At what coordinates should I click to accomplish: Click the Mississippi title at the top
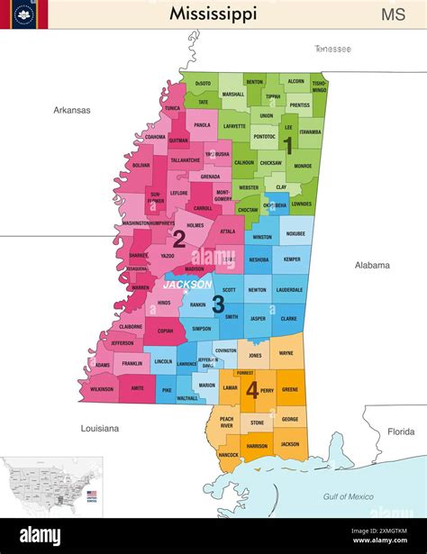213,14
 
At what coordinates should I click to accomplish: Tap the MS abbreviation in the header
393,14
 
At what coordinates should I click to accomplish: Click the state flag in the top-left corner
24,14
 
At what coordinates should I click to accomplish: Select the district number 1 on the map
288,143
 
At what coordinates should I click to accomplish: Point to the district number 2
178,239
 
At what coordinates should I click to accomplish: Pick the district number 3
218,304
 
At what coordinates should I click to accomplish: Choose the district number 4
253,390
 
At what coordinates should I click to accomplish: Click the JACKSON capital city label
187,284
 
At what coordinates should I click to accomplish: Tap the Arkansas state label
71,110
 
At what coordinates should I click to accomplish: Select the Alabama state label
371,265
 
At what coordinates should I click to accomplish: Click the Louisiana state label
99,428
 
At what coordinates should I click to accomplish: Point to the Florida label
401,431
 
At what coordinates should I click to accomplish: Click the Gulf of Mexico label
348,496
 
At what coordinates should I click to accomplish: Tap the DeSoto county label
203,83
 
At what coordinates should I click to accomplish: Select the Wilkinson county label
102,388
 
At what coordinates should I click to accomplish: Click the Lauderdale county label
289,290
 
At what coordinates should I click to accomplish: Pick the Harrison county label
257,446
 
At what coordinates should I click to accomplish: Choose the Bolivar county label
141,166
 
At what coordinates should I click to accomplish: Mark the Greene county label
290,390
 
